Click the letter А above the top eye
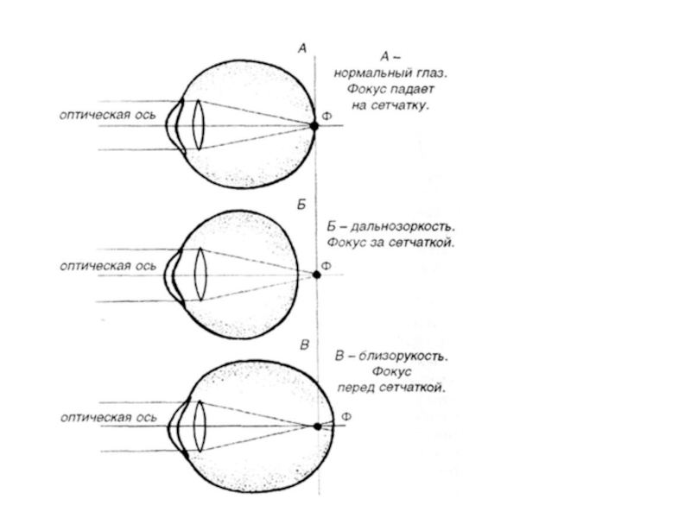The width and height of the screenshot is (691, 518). (301, 49)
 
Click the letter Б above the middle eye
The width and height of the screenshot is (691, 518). (301, 205)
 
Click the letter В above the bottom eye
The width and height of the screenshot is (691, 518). (303, 345)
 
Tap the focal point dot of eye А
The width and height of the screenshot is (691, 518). (314, 125)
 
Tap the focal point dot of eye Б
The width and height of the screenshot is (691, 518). (316, 275)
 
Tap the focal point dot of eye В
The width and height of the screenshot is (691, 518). (317, 426)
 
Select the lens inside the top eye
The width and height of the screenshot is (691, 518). (198, 125)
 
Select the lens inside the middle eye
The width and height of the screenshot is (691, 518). (200, 275)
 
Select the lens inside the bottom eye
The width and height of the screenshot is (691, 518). (200, 426)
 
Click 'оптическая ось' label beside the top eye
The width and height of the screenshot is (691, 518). (107, 114)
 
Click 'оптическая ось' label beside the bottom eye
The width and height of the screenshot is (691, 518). (107, 417)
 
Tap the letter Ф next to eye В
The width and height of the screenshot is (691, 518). (346, 417)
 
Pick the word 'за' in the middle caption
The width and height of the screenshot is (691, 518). (374, 243)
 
